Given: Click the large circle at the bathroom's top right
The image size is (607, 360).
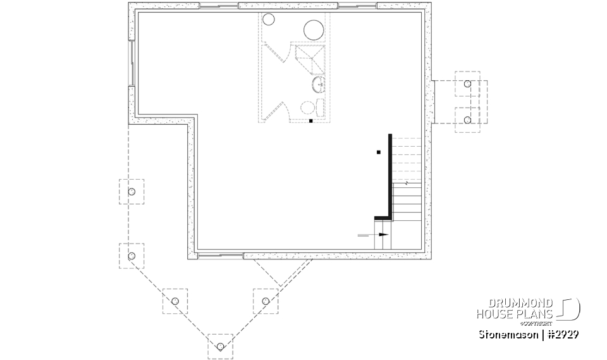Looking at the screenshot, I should pyautogui.click(x=314, y=30).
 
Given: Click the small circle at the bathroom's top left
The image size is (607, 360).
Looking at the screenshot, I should pyautogui.click(x=268, y=20).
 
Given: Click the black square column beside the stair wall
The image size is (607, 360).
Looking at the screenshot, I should pyautogui.click(x=378, y=152).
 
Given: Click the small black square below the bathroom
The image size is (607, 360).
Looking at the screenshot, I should pyautogui.click(x=310, y=120).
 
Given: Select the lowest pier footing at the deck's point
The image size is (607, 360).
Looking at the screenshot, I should pyautogui.click(x=220, y=346).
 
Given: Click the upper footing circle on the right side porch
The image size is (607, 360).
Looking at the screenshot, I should pyautogui.click(x=467, y=84).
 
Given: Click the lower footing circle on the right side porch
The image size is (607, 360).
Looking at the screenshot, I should pyautogui.click(x=467, y=120).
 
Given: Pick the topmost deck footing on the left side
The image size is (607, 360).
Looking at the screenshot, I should pyautogui.click(x=132, y=192).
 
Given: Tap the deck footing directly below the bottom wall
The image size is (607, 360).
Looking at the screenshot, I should pyautogui.click(x=265, y=301).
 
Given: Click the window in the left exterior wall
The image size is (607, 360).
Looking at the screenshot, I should pyautogui.click(x=132, y=63).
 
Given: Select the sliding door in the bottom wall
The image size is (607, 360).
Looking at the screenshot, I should pyautogui.click(x=220, y=256).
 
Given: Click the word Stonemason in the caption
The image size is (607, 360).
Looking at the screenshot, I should pyautogui.click(x=503, y=333).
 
